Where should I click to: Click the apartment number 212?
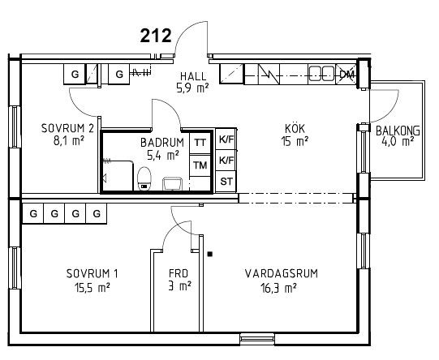tap(156, 36)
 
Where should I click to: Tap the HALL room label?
tap(193, 76)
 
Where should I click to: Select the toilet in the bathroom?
tap(144, 178)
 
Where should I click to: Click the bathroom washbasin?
tap(173, 183)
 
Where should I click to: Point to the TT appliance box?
tap(200, 143)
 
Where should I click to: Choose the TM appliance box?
tap(200, 165)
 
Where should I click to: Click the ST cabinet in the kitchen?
tap(226, 182)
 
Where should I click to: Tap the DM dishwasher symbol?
tap(346, 74)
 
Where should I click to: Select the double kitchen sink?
tap(321, 73)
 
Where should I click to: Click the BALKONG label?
tap(398, 131)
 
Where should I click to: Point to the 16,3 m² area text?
tap(278, 288)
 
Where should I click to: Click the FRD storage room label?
tap(179, 273)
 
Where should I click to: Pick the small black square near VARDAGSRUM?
tap(209, 255)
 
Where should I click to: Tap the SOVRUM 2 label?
tap(67, 128)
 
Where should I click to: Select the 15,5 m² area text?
tap(92, 288)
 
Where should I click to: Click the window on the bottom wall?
tap(257, 339)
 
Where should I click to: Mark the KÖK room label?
tap(295, 129)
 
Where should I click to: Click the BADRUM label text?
tap(162, 143)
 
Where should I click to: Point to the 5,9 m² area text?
tap(192, 88)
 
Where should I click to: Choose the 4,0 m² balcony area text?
tap(398, 141)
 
